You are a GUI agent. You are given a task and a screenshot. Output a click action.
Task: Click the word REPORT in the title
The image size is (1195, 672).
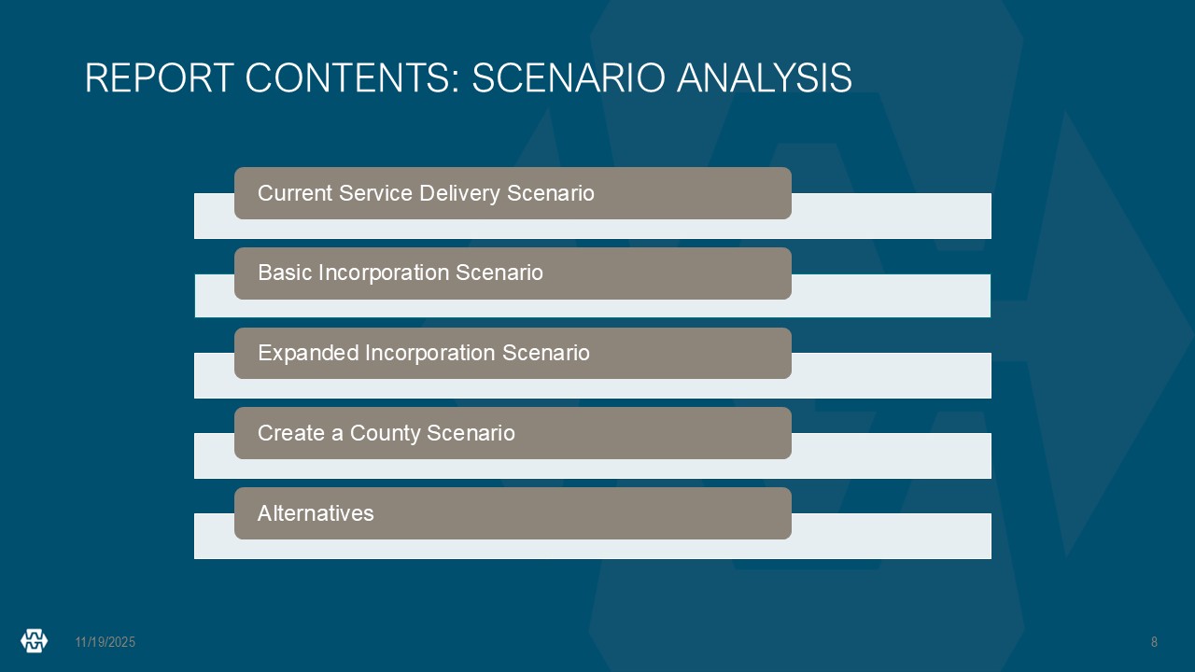tap(160, 77)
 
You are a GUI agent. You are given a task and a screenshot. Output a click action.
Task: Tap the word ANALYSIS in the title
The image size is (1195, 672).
tap(765, 77)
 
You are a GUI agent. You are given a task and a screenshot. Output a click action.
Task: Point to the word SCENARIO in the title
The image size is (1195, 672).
tap(569, 77)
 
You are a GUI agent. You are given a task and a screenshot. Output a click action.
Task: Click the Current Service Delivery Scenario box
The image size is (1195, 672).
tap(513, 193)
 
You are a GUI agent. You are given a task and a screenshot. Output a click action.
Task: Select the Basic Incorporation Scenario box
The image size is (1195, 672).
tap(513, 273)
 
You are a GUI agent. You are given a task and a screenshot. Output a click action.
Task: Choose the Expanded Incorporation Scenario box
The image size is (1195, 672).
tap(513, 353)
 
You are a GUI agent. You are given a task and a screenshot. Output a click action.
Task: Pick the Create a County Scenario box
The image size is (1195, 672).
tap(513, 433)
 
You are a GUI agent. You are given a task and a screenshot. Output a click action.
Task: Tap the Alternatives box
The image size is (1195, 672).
tap(513, 513)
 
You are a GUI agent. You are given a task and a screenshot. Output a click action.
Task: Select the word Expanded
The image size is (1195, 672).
tap(308, 354)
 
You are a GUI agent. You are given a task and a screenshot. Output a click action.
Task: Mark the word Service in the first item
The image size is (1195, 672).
tap(376, 193)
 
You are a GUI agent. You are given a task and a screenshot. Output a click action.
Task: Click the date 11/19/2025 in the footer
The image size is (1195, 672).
tap(105, 642)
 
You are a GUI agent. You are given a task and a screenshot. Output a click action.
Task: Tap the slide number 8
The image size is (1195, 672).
tap(1154, 642)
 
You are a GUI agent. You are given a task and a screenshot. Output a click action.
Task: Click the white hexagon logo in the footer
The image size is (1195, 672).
tap(35, 640)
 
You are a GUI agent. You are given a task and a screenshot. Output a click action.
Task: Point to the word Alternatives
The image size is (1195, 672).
tap(316, 513)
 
